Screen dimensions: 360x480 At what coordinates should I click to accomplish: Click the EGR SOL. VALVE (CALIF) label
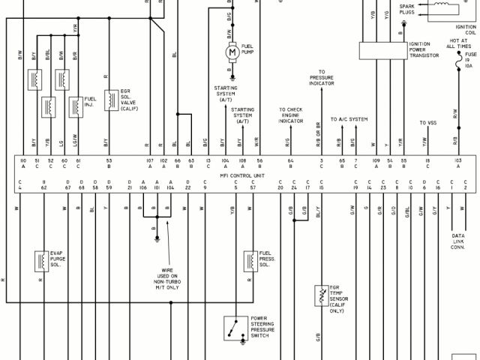click(129, 100)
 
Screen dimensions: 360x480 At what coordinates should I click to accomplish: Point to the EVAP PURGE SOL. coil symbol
click(38, 260)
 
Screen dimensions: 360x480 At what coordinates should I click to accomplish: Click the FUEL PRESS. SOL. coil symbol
click(248, 261)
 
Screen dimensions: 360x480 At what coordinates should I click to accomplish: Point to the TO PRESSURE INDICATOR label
click(322, 78)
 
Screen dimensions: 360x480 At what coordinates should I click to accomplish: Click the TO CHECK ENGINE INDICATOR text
click(290, 115)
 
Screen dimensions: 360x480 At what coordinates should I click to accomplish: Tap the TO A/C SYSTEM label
click(349, 119)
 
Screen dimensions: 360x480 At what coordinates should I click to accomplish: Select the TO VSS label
click(427, 122)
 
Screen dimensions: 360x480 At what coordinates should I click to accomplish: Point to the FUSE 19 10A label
click(469, 61)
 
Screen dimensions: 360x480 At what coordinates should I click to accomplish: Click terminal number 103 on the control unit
click(457, 160)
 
